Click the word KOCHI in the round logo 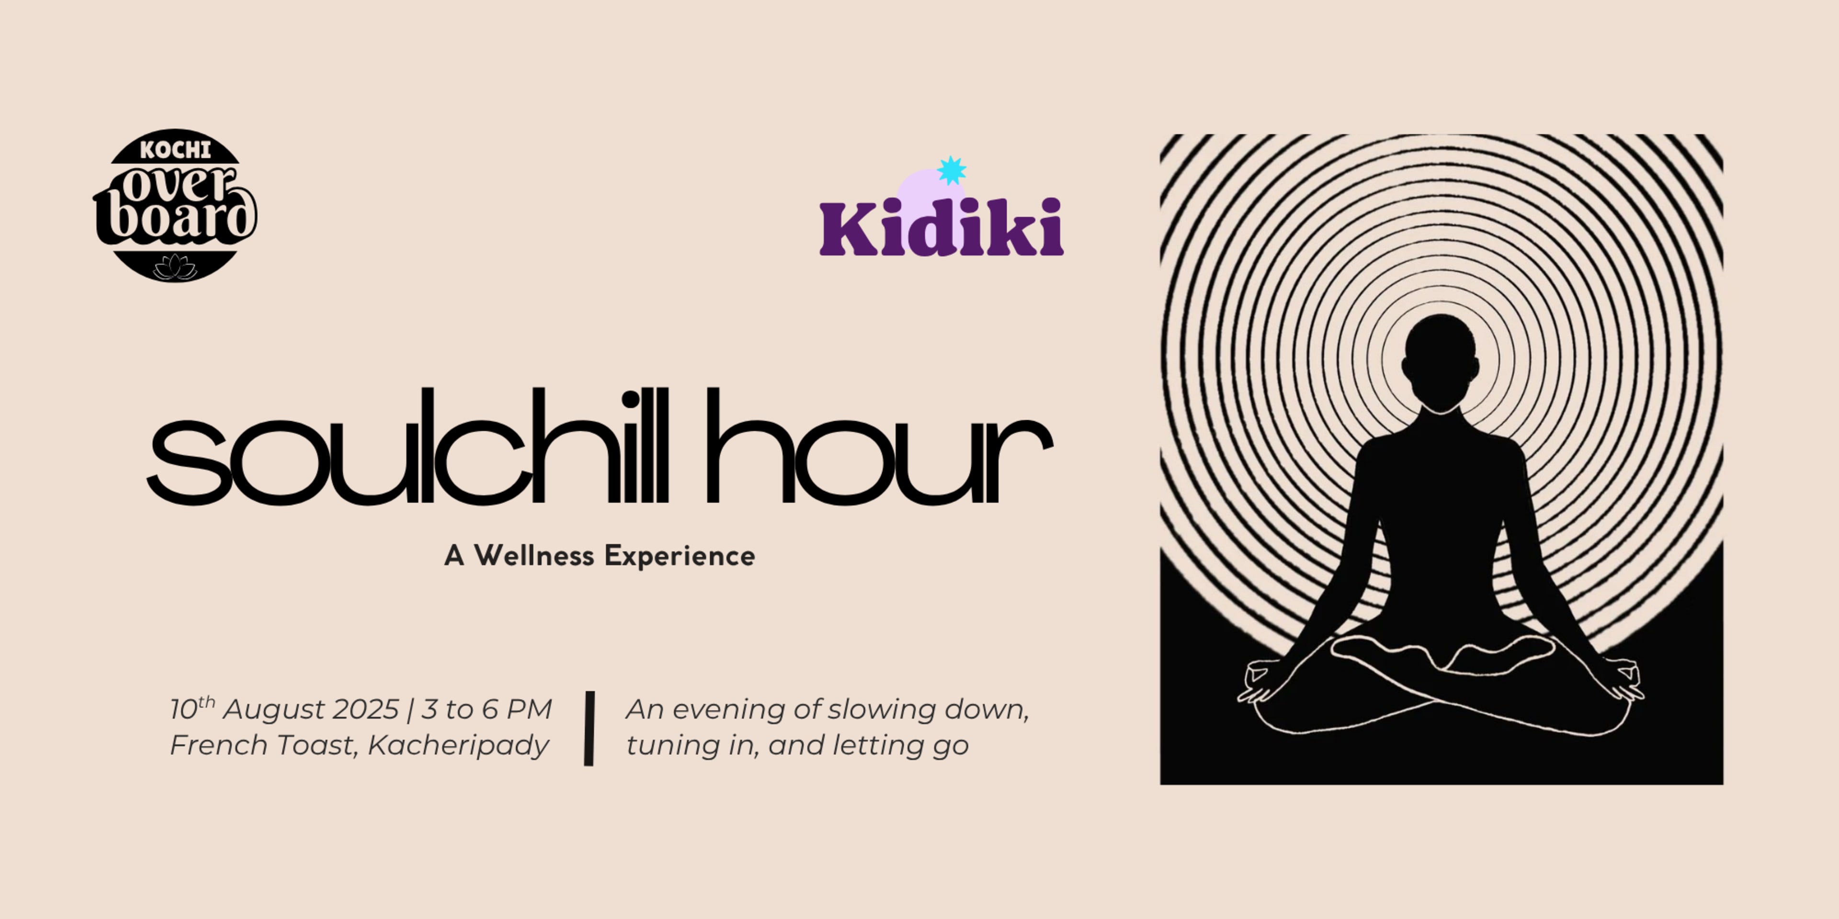(175, 150)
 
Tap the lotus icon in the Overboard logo (175, 267)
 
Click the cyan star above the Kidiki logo (952, 170)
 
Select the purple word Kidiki (941, 228)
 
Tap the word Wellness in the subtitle (534, 556)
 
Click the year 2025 (365, 709)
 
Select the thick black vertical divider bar (589, 728)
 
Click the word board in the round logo (175, 218)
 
